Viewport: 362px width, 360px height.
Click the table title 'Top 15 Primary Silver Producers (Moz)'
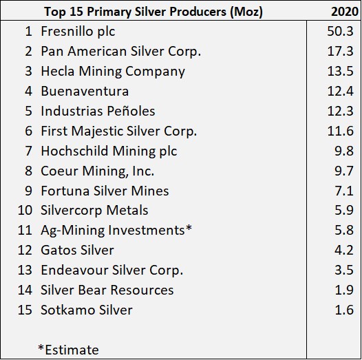point(153,12)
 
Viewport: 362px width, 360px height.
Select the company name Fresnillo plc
point(78,32)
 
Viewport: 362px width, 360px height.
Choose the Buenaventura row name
point(85,92)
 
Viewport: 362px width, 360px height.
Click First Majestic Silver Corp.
point(118,131)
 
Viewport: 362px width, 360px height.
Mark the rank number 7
point(28,151)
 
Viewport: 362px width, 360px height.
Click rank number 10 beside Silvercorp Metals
point(25,211)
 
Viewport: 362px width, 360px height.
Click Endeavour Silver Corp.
point(111,270)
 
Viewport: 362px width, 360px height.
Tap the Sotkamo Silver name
point(87,310)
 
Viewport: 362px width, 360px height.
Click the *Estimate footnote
point(68,350)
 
